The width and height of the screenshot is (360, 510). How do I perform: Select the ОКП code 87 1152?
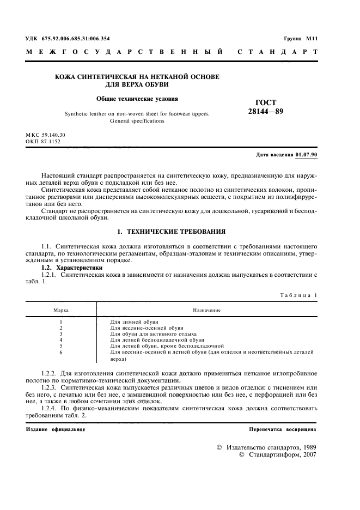click(51, 141)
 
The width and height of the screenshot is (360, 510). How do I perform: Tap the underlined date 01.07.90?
click(306, 155)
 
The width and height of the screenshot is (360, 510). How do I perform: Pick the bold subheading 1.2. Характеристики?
click(72, 268)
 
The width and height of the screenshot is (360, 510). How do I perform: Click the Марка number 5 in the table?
click(60, 345)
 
